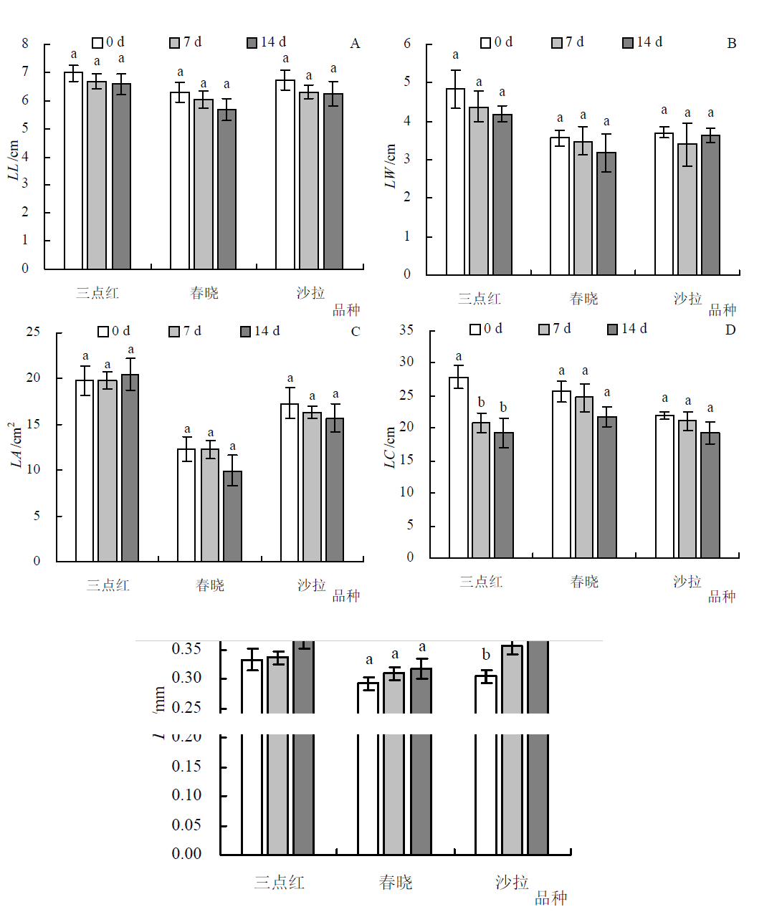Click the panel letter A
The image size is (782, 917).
coord(355,44)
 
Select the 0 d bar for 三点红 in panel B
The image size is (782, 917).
coord(455,182)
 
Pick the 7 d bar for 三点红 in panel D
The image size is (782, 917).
coord(481,490)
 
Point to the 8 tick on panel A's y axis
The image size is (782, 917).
coord(25,44)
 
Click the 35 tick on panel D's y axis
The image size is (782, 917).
coord(406,330)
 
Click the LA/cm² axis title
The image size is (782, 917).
coord(16,445)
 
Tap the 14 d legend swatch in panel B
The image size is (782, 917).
coord(628,43)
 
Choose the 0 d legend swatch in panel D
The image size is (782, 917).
coord(475,330)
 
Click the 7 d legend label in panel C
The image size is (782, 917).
coord(192,331)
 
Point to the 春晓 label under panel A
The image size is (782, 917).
coord(204,293)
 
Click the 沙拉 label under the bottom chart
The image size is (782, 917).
coord(512,882)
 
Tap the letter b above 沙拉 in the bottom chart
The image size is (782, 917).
coord(486,655)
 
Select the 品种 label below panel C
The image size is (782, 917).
coord(346,596)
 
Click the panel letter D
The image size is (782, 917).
coord(730,330)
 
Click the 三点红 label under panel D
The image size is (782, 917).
coord(481,582)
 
